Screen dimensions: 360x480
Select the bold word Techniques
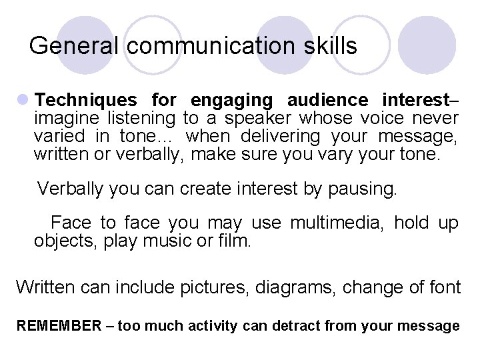85,101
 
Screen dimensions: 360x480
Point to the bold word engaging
231,101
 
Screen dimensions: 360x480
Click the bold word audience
327,101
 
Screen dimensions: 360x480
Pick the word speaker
257,119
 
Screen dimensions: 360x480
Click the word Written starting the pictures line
45,287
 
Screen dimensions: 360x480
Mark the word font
442,287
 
